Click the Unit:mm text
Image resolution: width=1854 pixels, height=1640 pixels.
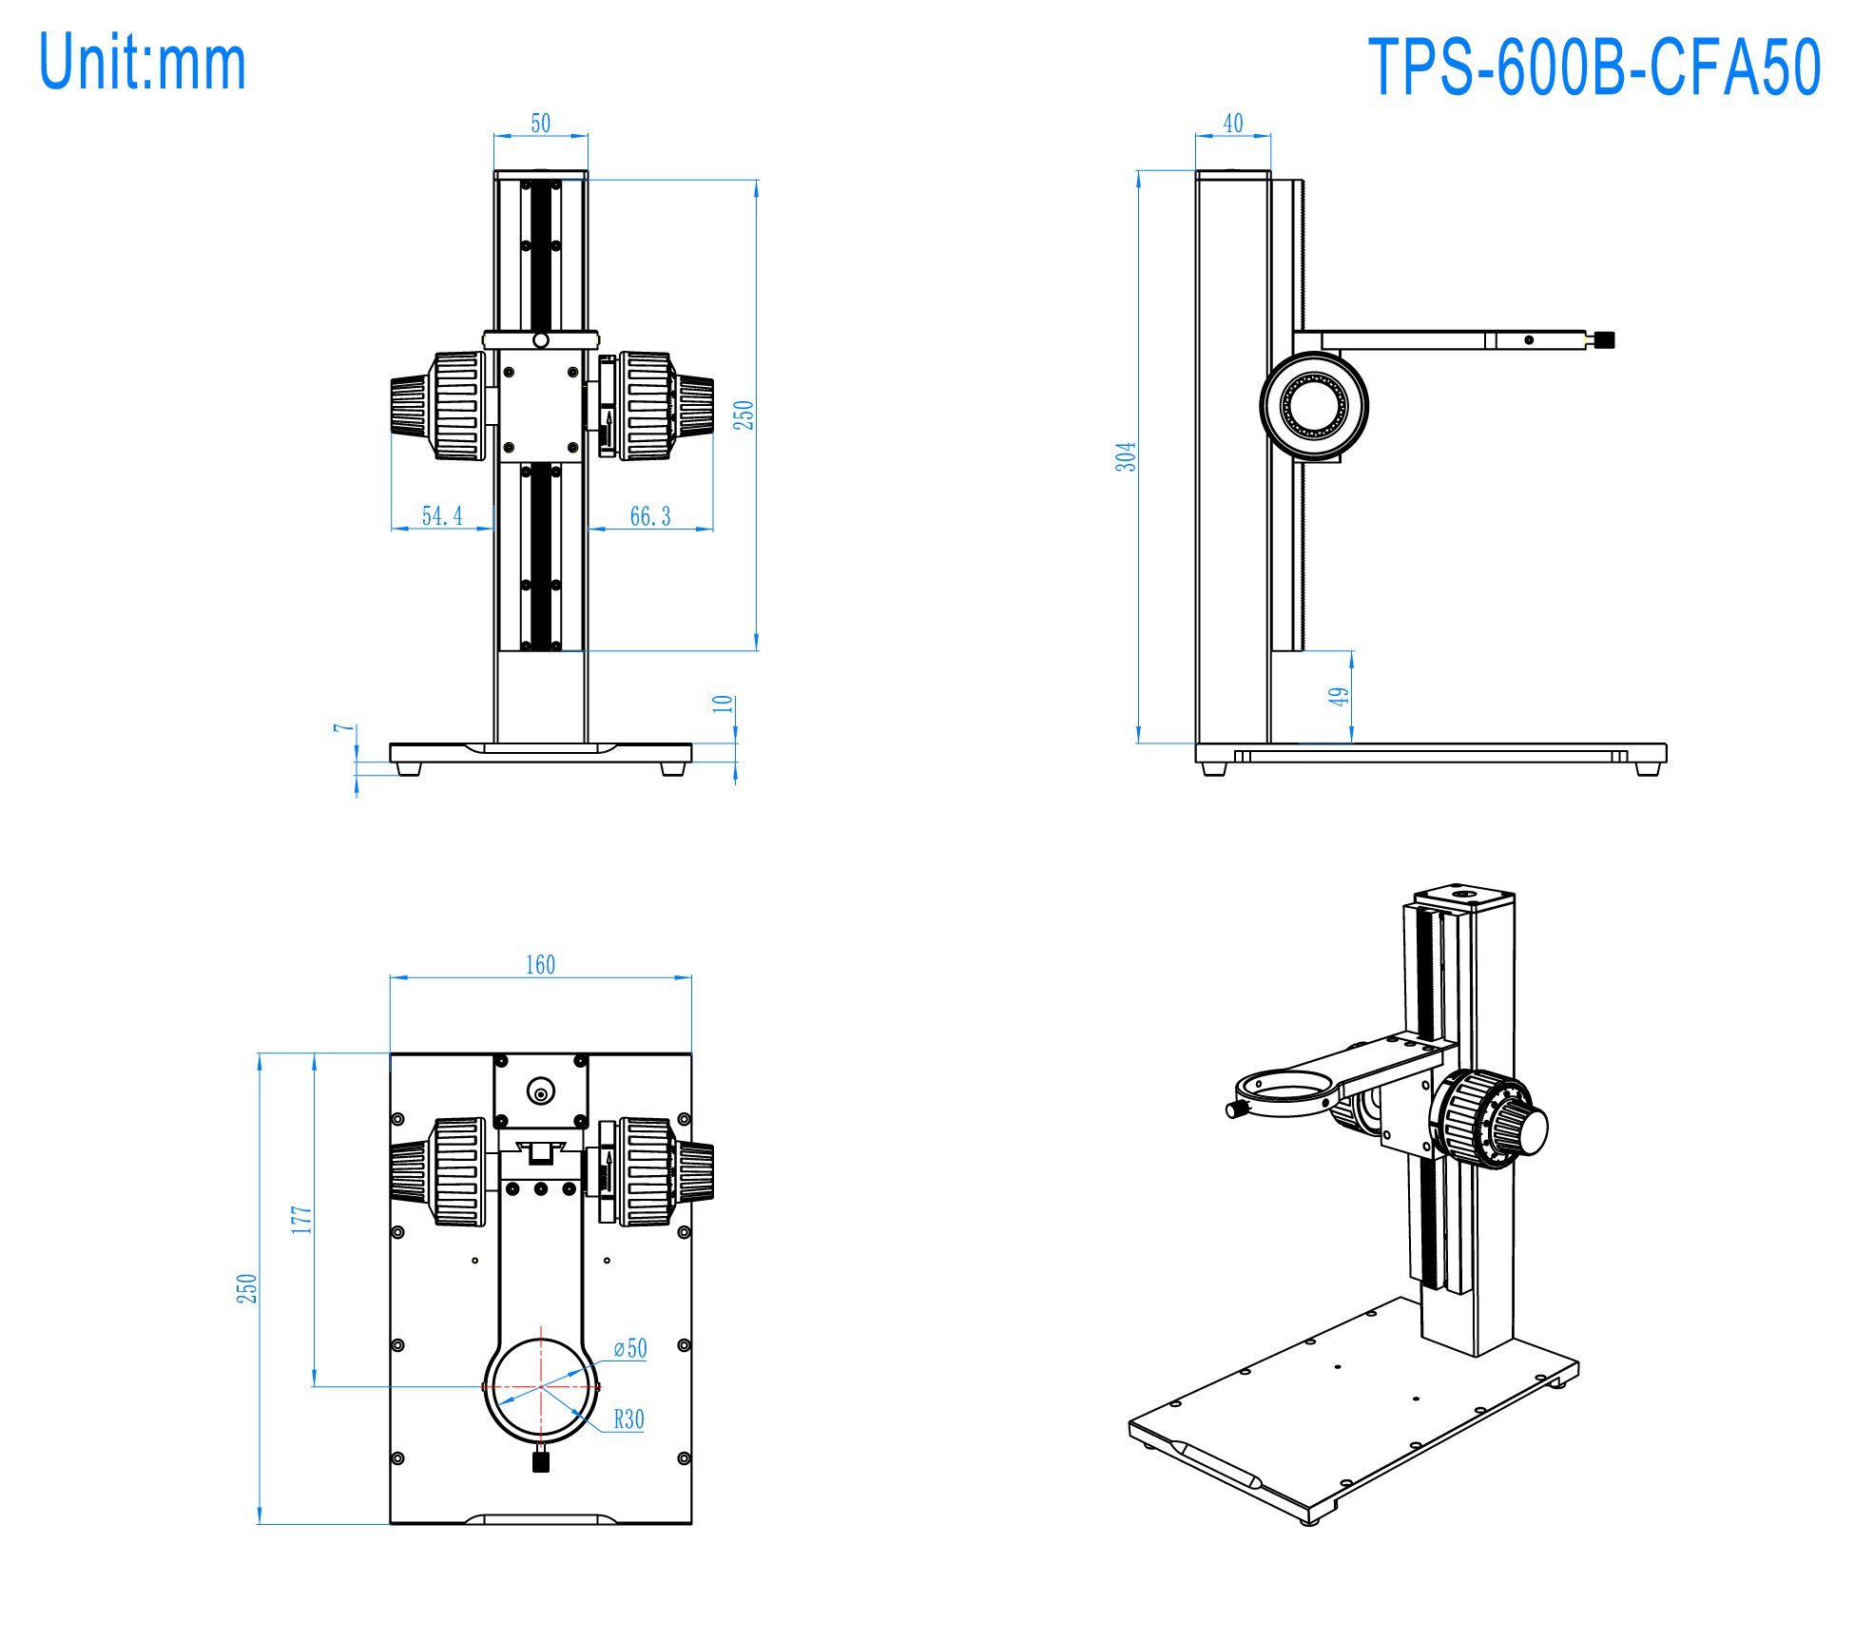[143, 63]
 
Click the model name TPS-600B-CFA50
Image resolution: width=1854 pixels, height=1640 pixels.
[1593, 68]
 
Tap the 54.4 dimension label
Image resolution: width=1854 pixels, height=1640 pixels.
[442, 516]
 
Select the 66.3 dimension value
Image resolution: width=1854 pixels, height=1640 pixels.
[650, 516]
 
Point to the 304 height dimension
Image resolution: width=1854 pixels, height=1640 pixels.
[1126, 456]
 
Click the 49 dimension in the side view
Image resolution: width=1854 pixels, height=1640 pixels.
[1339, 696]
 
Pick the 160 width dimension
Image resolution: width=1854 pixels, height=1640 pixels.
[540, 965]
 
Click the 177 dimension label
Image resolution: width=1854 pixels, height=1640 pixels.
[301, 1220]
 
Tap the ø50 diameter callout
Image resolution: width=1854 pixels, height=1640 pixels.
[630, 1348]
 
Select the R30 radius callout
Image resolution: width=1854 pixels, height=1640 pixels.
[628, 1419]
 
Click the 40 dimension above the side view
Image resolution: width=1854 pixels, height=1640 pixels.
[1233, 124]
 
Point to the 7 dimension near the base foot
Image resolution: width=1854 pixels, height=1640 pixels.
[343, 728]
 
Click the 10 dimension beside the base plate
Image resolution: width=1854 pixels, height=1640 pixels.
[723, 704]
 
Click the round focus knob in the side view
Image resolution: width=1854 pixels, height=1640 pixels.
[1314, 406]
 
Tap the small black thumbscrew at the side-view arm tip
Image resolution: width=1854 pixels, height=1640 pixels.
[1605, 339]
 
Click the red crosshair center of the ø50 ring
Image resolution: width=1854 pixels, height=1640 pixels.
[541, 1387]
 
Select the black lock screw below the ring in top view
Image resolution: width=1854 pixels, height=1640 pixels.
[541, 1462]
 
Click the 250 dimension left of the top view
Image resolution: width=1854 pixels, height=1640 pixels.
[246, 1288]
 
